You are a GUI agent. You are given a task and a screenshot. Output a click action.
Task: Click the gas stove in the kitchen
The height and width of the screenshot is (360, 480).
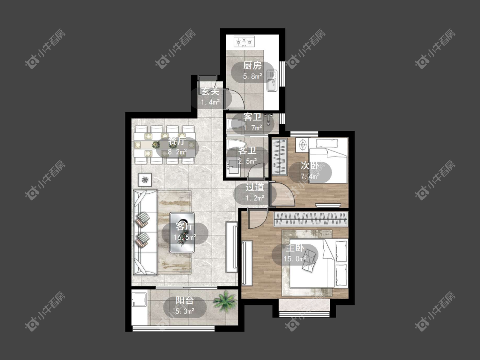coord(244,41)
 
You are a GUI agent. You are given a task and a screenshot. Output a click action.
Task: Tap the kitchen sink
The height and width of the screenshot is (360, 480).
coord(271,81)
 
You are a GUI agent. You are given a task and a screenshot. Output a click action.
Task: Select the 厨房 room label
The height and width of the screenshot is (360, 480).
coord(252,66)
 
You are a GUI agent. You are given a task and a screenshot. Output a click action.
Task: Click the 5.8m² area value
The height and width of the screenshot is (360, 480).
coord(252,76)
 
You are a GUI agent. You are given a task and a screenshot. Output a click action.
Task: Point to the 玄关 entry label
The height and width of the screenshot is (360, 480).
coord(210,91)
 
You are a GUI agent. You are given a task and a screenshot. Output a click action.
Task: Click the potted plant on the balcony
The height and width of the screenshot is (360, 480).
coord(225,301)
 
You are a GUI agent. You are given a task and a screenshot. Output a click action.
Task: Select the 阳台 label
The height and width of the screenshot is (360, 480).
coord(185,301)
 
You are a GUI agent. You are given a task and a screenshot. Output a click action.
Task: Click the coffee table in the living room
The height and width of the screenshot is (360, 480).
coord(182,232)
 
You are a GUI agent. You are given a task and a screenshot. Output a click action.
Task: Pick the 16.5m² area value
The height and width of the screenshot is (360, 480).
coord(185,237)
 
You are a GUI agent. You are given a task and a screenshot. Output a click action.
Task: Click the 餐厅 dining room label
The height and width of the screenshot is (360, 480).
coord(177,142)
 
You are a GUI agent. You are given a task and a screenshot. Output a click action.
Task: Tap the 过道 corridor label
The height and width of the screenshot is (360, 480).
coord(255,187)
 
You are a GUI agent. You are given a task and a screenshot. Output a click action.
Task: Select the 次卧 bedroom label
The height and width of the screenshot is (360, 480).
coord(310,165)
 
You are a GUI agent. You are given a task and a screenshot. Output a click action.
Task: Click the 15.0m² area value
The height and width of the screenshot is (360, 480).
coord(294,258)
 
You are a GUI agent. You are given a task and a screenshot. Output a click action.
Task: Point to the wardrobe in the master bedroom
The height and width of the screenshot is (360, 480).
coord(311,219)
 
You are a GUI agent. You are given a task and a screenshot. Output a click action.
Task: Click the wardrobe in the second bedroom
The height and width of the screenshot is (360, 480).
coord(279,157)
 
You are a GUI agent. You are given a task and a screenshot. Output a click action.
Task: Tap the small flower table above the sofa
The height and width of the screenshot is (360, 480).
coord(145,180)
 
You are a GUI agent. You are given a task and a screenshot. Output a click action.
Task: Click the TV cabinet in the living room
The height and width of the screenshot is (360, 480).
coord(231,247)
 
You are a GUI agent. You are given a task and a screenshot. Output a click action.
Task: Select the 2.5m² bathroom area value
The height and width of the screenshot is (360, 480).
coord(247,161)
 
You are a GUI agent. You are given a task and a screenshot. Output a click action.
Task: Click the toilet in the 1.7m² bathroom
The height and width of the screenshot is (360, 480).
coord(235,124)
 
